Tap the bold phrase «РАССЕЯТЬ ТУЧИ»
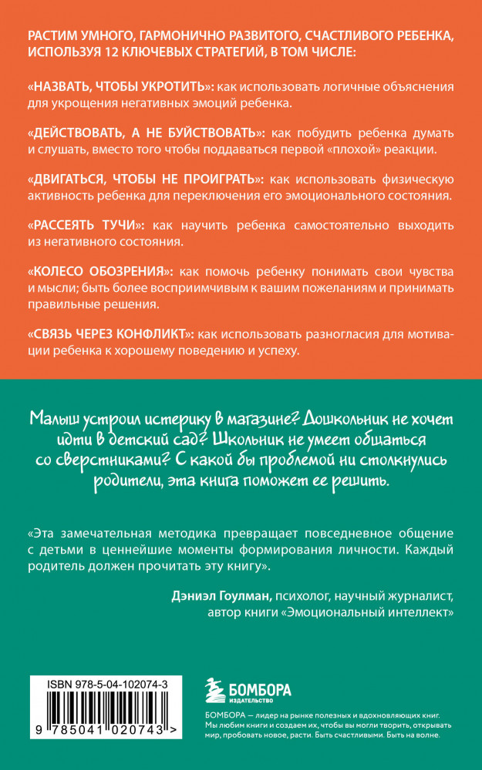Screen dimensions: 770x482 [x=84, y=226]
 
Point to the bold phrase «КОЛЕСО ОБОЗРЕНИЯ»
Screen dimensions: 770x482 [x=100, y=273]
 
